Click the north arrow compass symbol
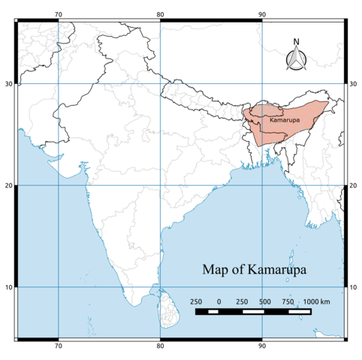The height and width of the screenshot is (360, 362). (296, 59)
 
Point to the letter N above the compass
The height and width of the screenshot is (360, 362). (296, 42)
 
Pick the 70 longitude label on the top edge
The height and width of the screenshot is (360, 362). (59, 14)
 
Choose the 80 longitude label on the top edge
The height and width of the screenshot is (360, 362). (160, 14)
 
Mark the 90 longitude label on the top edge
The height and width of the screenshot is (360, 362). (261, 14)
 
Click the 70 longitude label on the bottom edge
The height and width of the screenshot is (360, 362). (59, 346)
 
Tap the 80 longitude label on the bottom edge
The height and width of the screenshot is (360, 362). (160, 346)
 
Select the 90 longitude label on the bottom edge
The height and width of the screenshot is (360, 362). (261, 346)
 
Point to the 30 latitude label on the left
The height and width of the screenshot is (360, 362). (8, 84)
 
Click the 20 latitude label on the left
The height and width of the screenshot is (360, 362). (8, 185)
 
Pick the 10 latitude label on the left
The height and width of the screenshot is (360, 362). (8, 287)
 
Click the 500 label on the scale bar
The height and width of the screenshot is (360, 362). (264, 301)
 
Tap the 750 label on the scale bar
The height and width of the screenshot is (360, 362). (288, 301)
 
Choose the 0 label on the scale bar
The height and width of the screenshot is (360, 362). (219, 301)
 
